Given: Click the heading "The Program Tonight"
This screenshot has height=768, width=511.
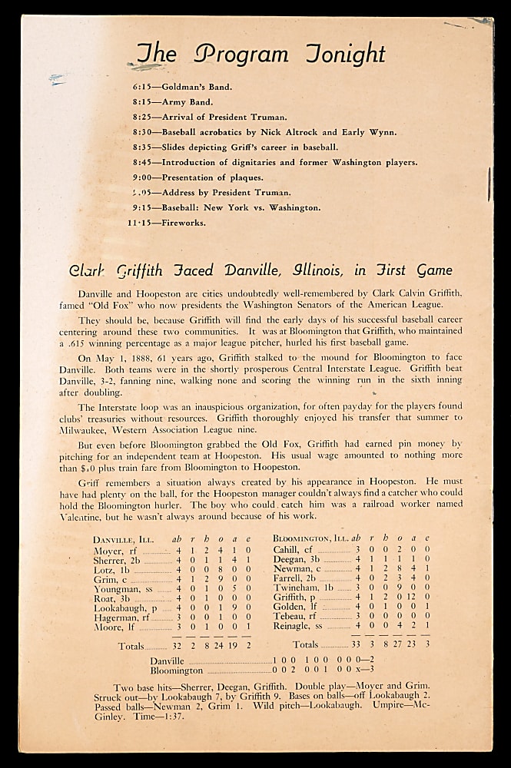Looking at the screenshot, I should [x=260, y=55].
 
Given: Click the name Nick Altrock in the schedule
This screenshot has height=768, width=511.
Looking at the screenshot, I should [x=293, y=132].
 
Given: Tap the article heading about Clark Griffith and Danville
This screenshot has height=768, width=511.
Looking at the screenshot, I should [x=260, y=270].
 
